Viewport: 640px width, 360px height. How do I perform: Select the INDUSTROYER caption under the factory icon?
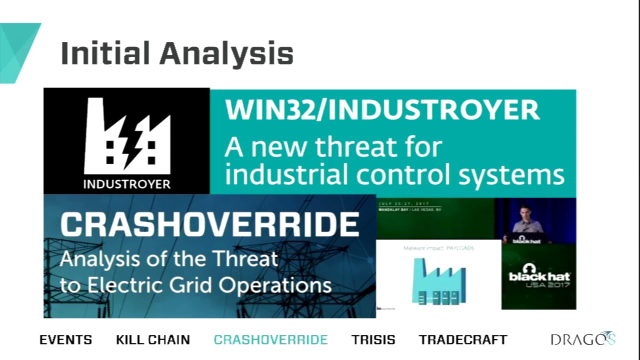[x=126, y=184]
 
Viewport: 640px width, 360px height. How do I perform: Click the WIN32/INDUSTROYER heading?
[x=382, y=110]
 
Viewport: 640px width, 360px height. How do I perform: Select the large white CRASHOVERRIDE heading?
[x=209, y=225]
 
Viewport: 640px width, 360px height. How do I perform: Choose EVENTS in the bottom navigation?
[x=65, y=340]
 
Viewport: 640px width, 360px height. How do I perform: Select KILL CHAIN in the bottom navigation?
[x=153, y=340]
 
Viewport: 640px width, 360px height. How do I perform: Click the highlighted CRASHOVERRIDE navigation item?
[x=270, y=340]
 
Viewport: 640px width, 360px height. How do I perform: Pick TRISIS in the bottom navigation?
[x=373, y=340]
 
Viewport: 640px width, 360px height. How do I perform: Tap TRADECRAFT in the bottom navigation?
[x=463, y=340]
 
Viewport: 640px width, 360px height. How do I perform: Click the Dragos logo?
[x=582, y=339]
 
